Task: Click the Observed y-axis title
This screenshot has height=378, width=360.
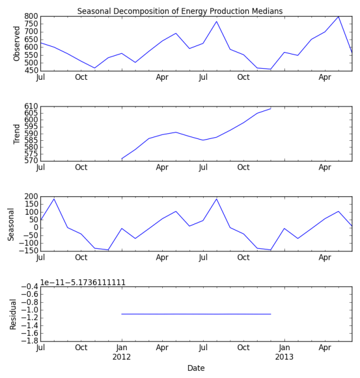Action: click(17, 43)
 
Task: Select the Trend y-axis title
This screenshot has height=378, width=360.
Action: click(17, 134)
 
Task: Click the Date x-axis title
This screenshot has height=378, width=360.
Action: click(196, 368)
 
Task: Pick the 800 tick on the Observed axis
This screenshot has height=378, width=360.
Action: click(30, 17)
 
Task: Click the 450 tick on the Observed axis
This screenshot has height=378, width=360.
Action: click(30, 70)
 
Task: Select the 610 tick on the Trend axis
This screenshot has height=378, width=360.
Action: click(30, 106)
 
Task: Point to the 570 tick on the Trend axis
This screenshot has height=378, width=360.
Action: click(30, 160)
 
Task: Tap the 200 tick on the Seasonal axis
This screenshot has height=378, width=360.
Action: click(30, 196)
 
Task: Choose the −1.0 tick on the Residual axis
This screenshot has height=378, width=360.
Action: click(28, 309)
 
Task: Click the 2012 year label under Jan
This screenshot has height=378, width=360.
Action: click(122, 357)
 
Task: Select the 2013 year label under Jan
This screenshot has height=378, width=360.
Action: click(284, 357)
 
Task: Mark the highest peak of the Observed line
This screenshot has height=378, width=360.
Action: click(339, 17)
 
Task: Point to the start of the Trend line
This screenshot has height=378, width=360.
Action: click(122, 159)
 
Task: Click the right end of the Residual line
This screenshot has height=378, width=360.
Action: click(271, 314)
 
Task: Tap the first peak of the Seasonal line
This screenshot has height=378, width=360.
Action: click(54, 199)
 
